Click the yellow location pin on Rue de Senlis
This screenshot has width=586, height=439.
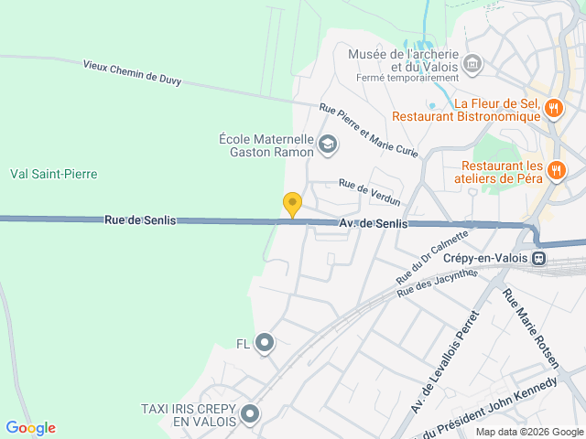292,205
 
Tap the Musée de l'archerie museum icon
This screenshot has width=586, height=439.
472,63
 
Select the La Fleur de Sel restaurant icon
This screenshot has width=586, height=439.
553,109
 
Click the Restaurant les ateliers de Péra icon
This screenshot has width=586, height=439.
556,170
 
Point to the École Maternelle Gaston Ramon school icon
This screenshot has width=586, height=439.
327,144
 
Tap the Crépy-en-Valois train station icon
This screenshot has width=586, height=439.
540,258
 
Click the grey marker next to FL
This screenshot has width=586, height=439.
265,343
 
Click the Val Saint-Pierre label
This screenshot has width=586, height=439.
53,174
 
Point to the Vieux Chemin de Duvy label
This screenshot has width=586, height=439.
132,73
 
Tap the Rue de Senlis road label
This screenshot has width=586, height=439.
140,220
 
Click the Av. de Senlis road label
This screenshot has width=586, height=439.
374,224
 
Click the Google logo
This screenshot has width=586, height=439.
30,428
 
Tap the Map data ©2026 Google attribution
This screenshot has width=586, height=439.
528,432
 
